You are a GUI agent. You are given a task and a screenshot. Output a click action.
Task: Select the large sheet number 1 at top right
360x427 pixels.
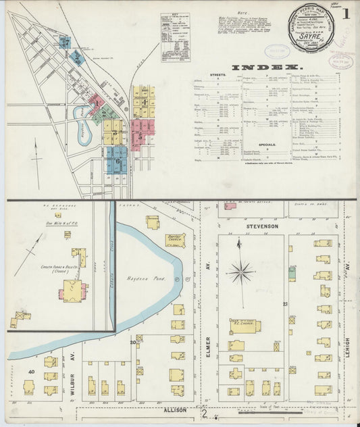click(x=346, y=13)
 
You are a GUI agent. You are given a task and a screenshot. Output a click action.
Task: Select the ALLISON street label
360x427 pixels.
click(x=172, y=410)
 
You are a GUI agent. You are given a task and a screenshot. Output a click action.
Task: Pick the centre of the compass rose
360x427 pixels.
click(x=241, y=273)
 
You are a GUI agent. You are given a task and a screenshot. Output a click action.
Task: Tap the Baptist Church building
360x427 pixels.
click(x=175, y=238)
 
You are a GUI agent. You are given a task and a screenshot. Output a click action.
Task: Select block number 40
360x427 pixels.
click(x=31, y=372)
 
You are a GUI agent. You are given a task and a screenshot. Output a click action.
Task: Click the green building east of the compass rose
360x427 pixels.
click(x=292, y=274)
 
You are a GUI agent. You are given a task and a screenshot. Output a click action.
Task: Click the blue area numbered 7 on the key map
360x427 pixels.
click(x=64, y=42)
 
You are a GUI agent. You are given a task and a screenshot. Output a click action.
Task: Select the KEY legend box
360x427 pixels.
click(x=174, y=37)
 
